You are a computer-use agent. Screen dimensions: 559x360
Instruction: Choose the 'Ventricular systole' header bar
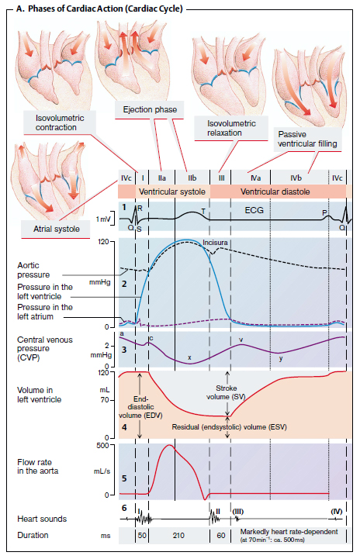coord(171,191)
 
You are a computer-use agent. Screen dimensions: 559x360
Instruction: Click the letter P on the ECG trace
coord(324,212)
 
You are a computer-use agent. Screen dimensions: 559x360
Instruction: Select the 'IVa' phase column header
coord(253,177)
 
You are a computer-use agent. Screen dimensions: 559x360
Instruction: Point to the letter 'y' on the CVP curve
coord(281,359)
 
